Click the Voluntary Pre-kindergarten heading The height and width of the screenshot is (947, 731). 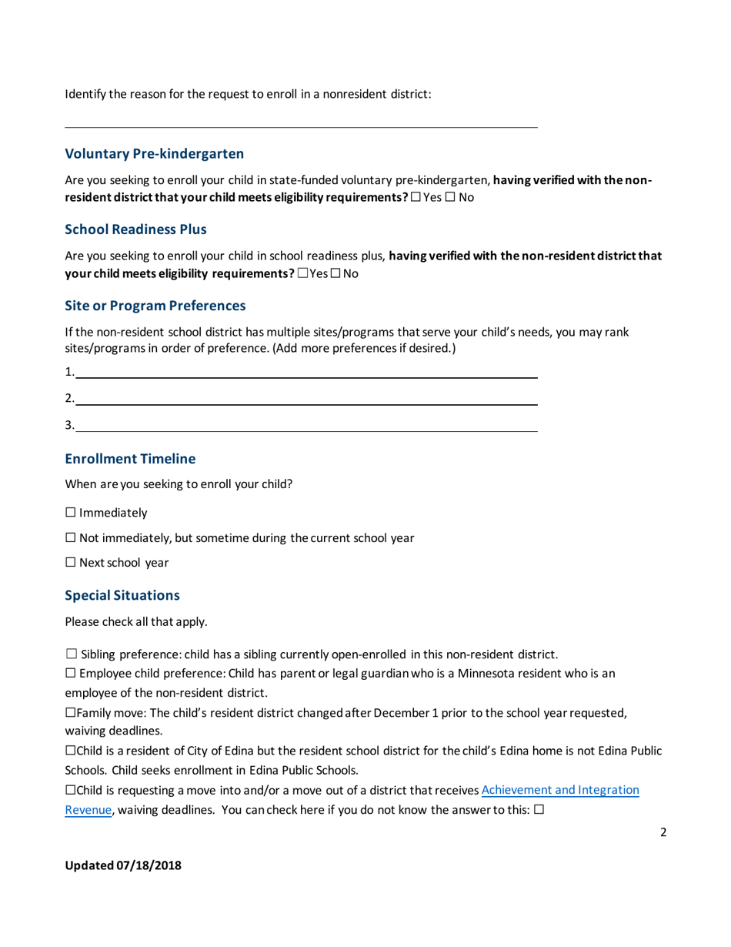154,153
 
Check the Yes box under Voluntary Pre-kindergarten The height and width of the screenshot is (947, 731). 416,198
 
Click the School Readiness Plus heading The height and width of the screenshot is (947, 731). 135,229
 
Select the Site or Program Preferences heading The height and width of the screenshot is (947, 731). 155,306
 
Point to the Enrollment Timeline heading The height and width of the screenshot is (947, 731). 130,459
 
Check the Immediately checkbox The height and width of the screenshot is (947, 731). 71,513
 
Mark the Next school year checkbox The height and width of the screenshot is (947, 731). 71,563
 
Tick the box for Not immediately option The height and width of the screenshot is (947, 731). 71,538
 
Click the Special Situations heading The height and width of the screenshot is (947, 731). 122,595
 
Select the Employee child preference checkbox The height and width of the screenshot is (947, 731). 71,674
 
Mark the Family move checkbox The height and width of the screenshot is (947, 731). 70,714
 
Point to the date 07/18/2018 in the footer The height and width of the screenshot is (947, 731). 149,865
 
